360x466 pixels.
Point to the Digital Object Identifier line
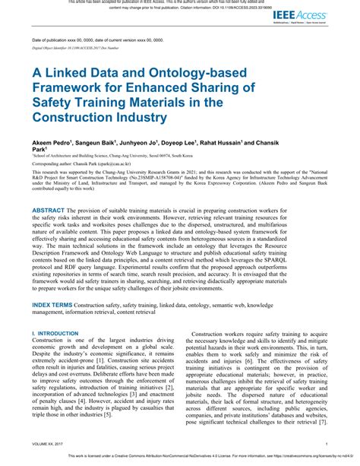pos(75,47)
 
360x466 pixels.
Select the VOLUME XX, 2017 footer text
pos(47,444)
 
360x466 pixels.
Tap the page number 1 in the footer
pos(326,444)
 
